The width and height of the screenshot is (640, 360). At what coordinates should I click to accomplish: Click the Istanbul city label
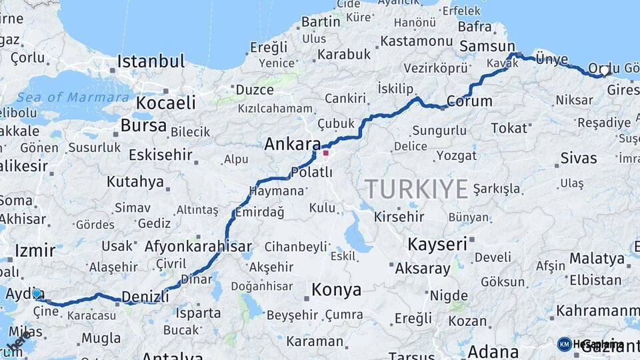(x=151, y=62)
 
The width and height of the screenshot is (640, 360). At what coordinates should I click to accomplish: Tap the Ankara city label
(x=292, y=144)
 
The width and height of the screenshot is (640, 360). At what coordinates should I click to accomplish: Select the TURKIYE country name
(x=416, y=189)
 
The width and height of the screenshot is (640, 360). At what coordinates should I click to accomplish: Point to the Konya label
(x=336, y=290)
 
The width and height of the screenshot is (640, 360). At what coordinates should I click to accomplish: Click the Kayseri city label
(x=437, y=244)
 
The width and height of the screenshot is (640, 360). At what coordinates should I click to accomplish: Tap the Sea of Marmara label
(x=73, y=97)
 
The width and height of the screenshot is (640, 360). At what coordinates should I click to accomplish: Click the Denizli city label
(x=145, y=296)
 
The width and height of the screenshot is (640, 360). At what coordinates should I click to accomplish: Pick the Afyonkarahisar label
(x=198, y=246)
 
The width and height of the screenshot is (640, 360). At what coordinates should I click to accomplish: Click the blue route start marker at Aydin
(x=37, y=293)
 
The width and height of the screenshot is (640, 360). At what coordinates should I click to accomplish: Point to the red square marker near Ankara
(x=325, y=153)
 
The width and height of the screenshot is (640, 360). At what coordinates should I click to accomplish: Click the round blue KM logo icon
(x=564, y=344)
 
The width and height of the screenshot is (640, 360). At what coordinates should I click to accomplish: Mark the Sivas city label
(x=578, y=158)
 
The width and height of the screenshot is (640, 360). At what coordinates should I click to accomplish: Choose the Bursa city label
(x=143, y=125)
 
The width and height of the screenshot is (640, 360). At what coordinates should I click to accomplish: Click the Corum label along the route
(x=469, y=101)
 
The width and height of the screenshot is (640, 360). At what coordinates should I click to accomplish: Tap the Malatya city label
(x=597, y=259)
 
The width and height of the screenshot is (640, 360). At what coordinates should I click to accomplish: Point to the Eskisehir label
(x=160, y=156)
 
